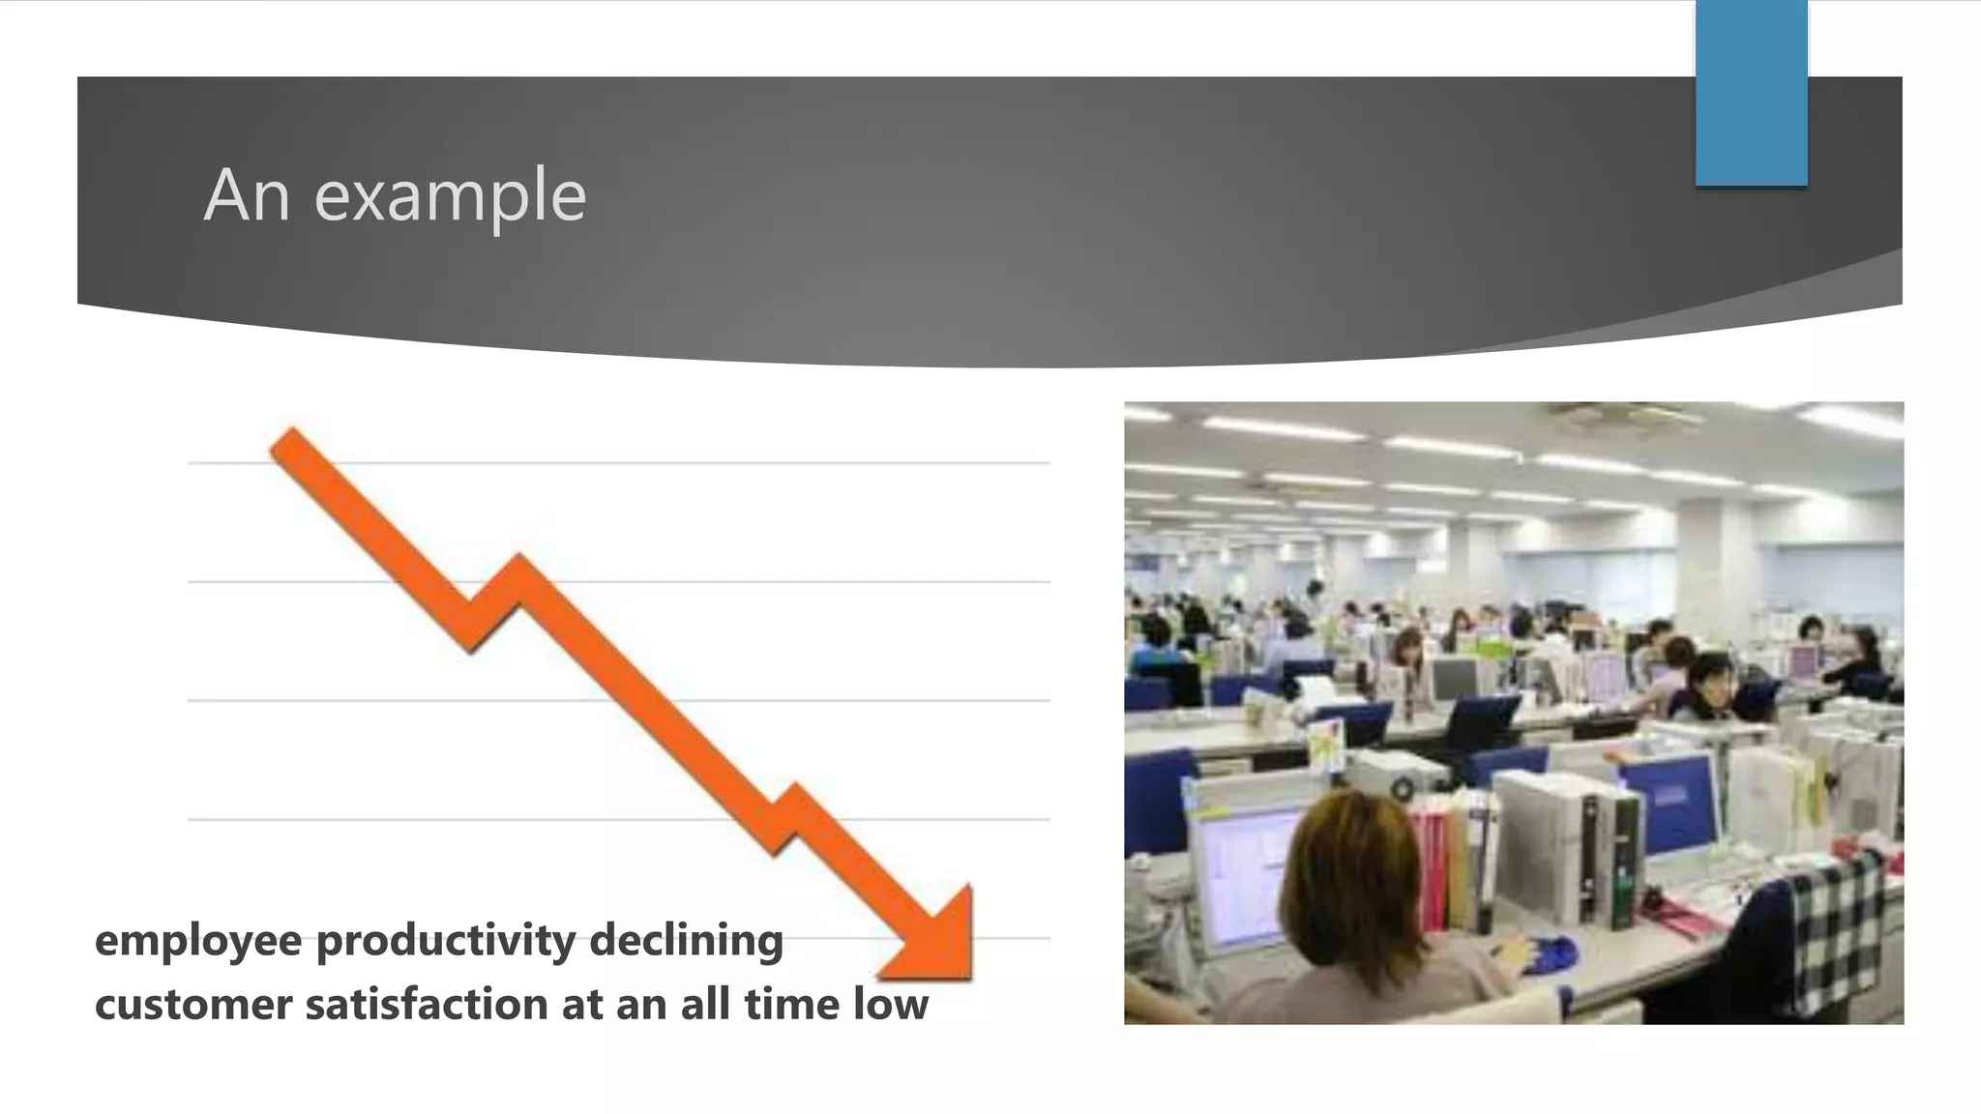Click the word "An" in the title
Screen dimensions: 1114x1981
point(247,195)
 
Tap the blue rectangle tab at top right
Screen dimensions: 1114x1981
point(1751,92)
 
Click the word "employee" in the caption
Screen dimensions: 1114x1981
point(198,941)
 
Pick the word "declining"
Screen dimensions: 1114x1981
point(686,941)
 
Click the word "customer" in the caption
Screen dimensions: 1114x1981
point(192,1005)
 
